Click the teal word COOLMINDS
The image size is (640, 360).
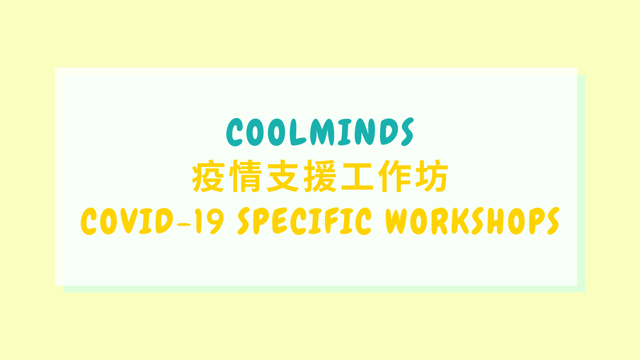tap(320, 132)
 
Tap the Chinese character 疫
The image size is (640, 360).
tap(208, 176)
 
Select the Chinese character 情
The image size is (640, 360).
tap(245, 176)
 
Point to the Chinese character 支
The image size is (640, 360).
tap(283, 176)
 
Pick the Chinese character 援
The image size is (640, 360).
tap(320, 176)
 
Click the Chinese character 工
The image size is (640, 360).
tap(357, 176)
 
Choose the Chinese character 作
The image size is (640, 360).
tap(395, 176)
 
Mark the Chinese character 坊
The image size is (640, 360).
tap(432, 176)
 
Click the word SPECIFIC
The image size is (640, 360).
tap(304, 221)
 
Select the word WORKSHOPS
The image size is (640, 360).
tap(473, 221)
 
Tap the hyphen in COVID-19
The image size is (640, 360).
tap(184, 224)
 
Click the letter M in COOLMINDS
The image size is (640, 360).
tap(322, 132)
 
